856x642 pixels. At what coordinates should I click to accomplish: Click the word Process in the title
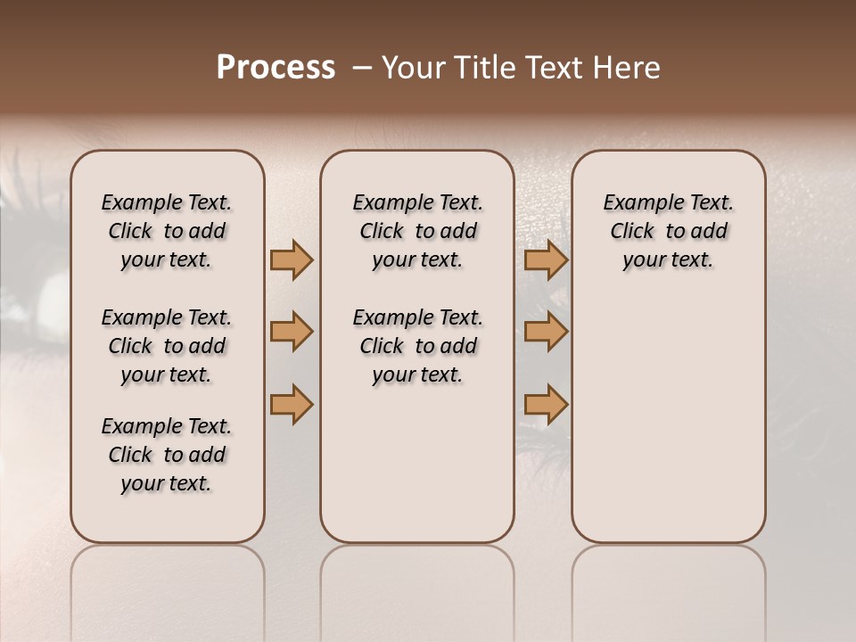[x=276, y=68]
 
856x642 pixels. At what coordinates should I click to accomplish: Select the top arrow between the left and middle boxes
[x=292, y=260]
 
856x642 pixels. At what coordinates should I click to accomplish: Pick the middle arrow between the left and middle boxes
[x=292, y=333]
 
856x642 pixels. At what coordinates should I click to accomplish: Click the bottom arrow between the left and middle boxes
[x=292, y=404]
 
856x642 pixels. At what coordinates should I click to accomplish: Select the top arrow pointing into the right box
[x=546, y=260]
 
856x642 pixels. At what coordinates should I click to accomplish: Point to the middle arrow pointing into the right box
[x=546, y=333]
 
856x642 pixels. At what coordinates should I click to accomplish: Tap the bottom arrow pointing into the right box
[x=546, y=404]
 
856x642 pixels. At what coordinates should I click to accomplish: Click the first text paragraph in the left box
[x=167, y=231]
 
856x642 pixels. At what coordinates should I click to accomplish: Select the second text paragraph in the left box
[x=167, y=346]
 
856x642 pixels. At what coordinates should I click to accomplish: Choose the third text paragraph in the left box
[x=167, y=455]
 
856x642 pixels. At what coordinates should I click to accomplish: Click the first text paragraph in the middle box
[x=417, y=231]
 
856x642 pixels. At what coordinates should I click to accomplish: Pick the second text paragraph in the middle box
[x=417, y=346]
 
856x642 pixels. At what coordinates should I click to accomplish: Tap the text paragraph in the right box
[x=668, y=231]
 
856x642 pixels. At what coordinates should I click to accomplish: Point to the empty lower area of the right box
[x=668, y=419]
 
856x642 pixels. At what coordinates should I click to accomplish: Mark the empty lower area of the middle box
[x=417, y=464]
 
